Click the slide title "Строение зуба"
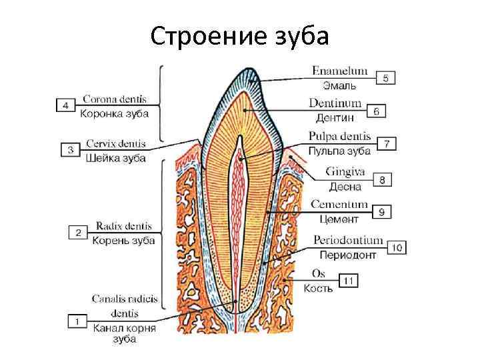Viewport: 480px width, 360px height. (239, 37)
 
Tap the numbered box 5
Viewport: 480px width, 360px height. (385, 78)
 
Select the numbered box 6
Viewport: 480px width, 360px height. (377, 111)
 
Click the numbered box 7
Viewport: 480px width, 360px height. (387, 143)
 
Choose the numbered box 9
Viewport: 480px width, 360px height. (381, 211)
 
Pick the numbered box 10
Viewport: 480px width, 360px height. (397, 247)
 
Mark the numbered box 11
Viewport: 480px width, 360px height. (348, 281)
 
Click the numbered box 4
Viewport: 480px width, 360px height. (65, 105)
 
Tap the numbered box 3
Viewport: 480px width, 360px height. (70, 150)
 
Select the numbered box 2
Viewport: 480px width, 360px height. (78, 233)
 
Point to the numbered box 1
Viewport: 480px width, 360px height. (77, 321)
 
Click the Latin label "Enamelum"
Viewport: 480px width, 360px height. (339, 71)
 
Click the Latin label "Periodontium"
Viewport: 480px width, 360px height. (348, 241)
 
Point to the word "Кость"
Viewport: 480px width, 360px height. (319, 289)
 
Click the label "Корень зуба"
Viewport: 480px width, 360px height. (124, 241)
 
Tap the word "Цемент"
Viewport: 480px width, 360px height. (339, 219)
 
